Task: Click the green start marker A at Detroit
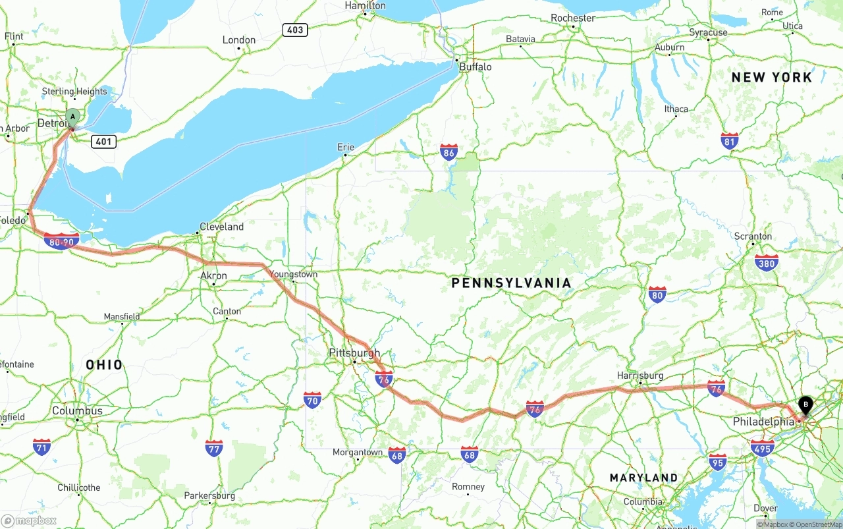(x=72, y=117)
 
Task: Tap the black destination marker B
(x=805, y=404)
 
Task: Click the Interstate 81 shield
(x=729, y=141)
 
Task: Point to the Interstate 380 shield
(x=766, y=263)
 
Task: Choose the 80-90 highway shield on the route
(x=61, y=242)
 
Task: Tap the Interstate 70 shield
(x=312, y=400)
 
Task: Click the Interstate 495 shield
(x=762, y=449)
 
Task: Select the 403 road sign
(x=295, y=30)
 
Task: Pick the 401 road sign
(x=104, y=141)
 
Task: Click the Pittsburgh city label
(x=354, y=353)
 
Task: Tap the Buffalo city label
(x=476, y=67)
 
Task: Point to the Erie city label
(x=345, y=147)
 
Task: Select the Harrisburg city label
(x=639, y=376)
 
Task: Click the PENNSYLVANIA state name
(x=511, y=283)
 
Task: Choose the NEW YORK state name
(x=772, y=77)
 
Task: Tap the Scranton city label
(x=753, y=236)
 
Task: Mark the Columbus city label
(x=77, y=410)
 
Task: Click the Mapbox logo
(x=29, y=520)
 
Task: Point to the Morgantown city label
(x=357, y=452)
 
